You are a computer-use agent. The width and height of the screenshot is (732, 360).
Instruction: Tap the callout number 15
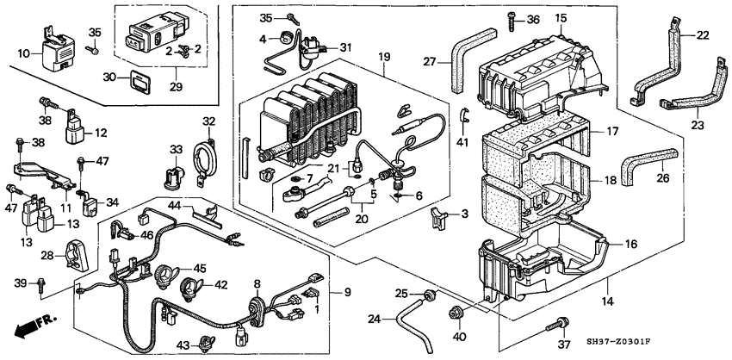[561, 18]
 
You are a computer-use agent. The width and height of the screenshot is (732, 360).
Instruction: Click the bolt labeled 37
[561, 322]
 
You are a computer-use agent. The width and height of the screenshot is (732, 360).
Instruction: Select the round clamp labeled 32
[205, 157]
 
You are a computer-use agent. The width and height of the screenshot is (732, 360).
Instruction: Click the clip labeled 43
[206, 342]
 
